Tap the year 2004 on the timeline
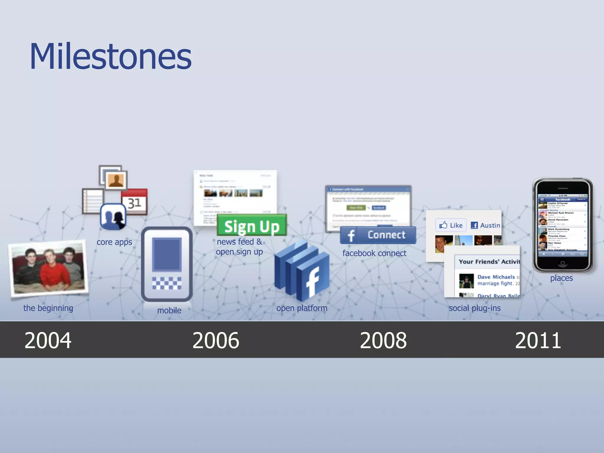(48, 340)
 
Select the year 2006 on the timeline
(216, 340)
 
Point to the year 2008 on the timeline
(383, 340)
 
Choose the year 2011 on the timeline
(538, 340)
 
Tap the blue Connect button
(378, 235)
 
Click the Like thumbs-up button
(451, 225)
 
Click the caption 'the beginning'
(48, 308)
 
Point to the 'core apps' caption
(114, 242)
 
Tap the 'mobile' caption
(169, 310)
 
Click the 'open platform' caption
(302, 308)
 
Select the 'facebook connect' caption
(374, 253)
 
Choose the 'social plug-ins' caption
(475, 308)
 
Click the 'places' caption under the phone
(561, 278)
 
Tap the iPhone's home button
(562, 263)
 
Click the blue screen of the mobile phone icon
(167, 254)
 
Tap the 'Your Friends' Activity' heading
(489, 262)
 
